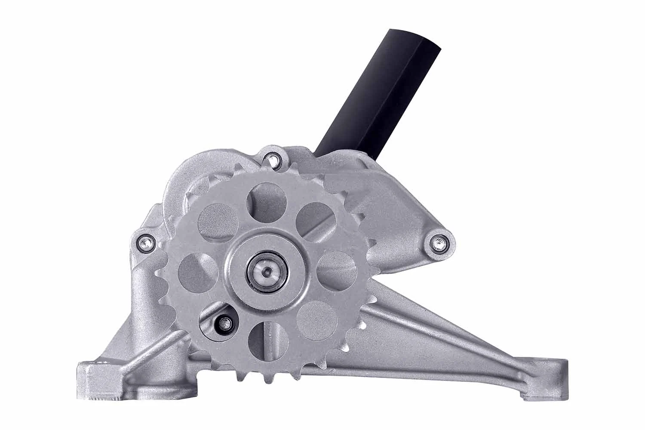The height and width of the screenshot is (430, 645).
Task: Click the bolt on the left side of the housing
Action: [x=144, y=243]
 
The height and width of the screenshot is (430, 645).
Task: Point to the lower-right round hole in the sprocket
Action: [x=317, y=321]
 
